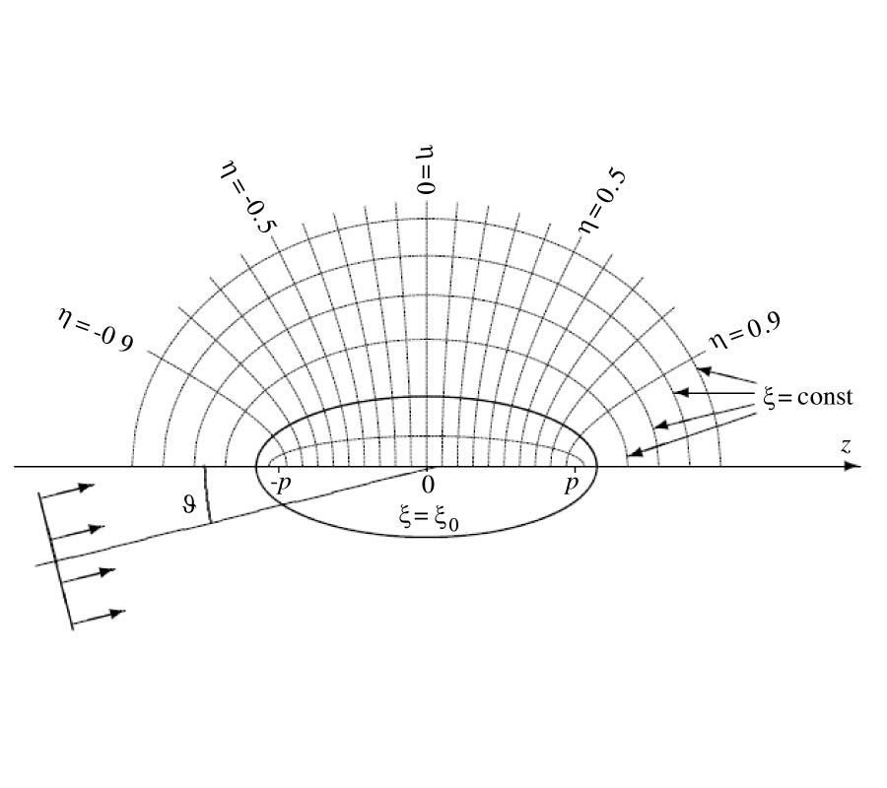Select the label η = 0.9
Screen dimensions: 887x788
coord(745,331)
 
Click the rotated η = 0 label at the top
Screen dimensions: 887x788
coord(427,169)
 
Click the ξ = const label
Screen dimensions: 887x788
coord(808,397)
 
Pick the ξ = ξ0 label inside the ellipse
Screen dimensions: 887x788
coord(429,518)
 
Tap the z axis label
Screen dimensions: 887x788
coord(846,446)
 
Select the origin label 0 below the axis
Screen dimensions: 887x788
coord(429,485)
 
